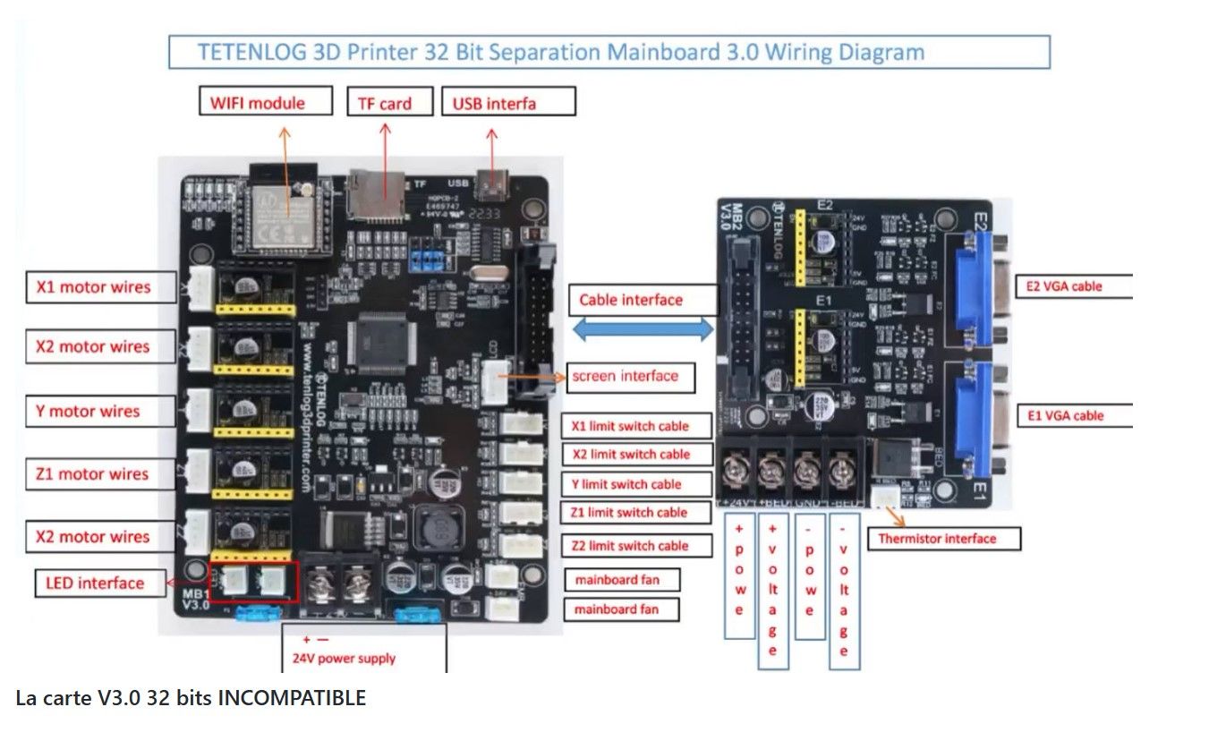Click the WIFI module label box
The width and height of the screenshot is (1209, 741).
point(265,102)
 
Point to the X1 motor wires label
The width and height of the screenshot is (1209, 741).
point(98,287)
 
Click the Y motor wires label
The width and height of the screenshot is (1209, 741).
point(98,412)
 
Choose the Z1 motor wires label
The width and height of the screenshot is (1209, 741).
point(98,473)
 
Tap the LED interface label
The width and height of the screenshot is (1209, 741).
point(100,583)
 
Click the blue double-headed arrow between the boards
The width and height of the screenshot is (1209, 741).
point(643,330)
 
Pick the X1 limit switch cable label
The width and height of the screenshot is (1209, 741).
point(635,426)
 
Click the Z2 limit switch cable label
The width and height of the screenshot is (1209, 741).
point(635,546)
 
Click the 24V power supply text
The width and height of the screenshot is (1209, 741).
point(344,658)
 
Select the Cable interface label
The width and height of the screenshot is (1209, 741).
point(643,300)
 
